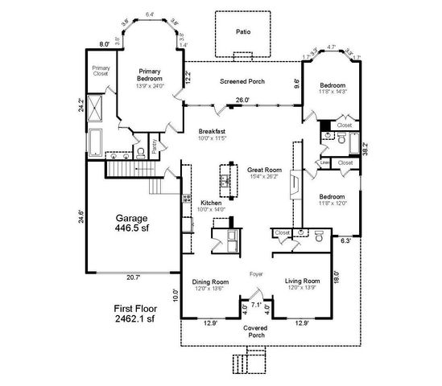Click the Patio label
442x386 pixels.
(x=243, y=32)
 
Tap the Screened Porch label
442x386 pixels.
(x=243, y=81)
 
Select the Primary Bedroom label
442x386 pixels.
(x=150, y=75)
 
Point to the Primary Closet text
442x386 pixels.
(x=101, y=71)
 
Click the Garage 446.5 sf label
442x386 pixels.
(x=133, y=223)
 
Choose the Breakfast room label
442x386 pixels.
(x=213, y=132)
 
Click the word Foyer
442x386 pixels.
(x=256, y=273)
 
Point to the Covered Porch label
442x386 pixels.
(x=256, y=332)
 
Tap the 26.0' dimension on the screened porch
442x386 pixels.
(x=242, y=101)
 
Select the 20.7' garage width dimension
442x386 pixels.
(x=133, y=277)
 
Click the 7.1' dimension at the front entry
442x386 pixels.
(x=256, y=306)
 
